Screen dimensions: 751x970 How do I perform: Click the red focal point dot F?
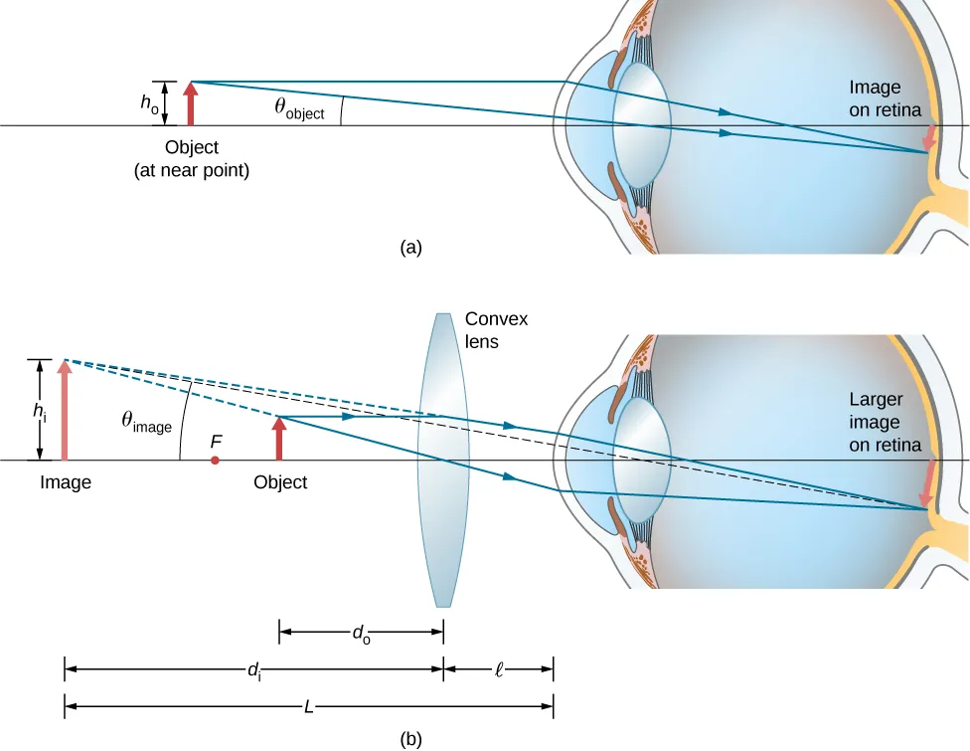point(215,461)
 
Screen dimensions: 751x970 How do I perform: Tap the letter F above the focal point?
point(216,439)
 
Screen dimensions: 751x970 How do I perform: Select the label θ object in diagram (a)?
point(299,109)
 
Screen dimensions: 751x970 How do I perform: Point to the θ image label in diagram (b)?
point(146,423)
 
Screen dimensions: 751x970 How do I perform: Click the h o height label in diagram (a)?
point(147,103)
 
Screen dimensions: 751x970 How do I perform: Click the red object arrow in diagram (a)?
point(189,104)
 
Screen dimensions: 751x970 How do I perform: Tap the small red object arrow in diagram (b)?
point(278,439)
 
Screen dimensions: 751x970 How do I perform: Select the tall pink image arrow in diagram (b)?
point(65,410)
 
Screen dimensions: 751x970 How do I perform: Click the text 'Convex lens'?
point(496,330)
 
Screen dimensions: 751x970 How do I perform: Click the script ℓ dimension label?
point(499,669)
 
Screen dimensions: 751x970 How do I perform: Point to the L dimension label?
point(308,707)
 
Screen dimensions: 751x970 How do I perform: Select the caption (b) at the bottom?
point(410,738)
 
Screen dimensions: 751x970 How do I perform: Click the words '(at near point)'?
point(191,170)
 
